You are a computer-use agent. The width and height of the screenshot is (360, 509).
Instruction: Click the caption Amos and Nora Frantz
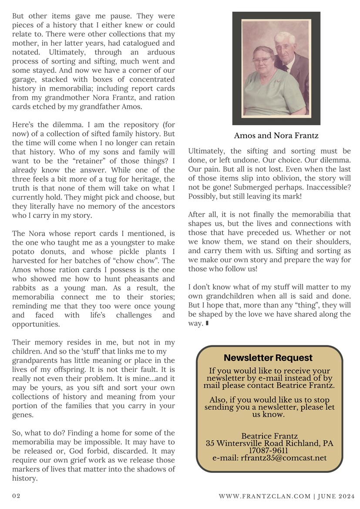coord(276,136)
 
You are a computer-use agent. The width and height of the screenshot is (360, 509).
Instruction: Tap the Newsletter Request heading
coord(268,358)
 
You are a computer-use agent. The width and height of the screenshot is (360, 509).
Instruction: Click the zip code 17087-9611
coord(269,451)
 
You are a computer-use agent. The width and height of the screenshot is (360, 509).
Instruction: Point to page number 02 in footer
coord(16,496)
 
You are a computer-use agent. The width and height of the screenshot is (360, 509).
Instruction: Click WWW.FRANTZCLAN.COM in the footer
coord(264,496)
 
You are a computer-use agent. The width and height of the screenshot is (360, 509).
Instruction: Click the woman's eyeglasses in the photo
coord(262,60)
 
